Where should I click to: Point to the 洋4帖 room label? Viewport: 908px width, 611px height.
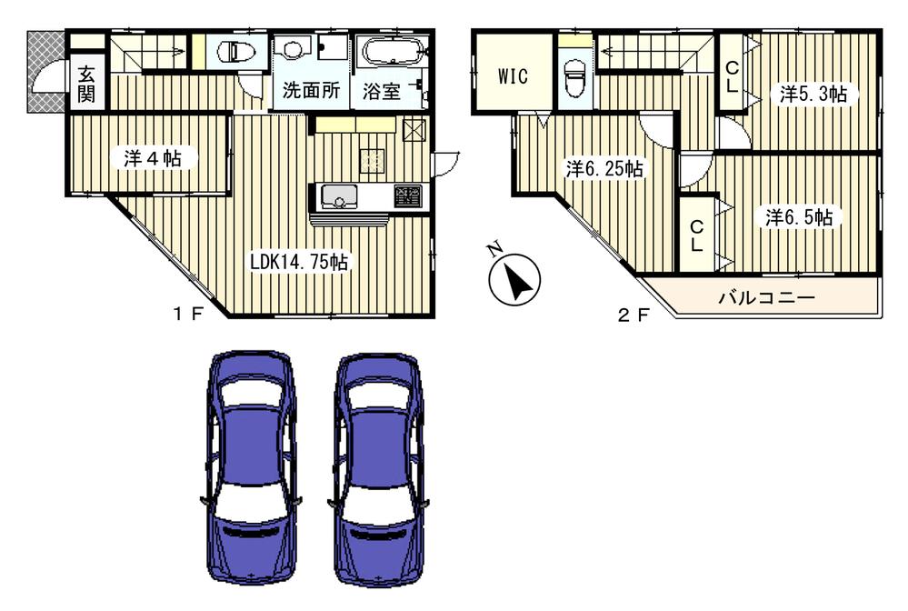coord(147,158)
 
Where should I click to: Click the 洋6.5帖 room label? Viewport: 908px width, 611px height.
coord(798,217)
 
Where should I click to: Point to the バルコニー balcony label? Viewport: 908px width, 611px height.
coord(765,296)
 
